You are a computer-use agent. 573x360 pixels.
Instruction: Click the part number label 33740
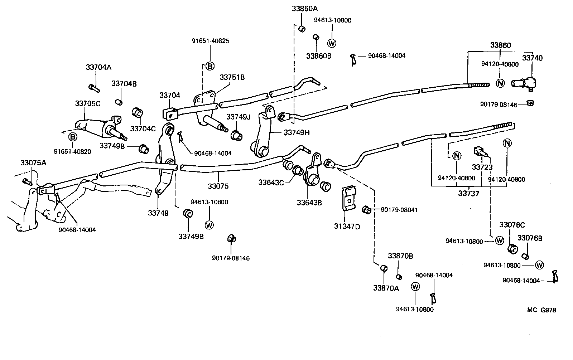point(532,58)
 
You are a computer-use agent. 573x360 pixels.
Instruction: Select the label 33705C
point(88,103)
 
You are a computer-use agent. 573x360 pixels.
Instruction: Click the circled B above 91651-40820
point(73,137)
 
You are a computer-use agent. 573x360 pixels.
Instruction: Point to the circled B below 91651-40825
point(210,66)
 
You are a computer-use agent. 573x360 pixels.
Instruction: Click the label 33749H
point(297,132)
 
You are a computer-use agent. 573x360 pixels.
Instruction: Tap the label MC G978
point(541,310)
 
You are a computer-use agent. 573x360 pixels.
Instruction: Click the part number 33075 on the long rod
point(218,186)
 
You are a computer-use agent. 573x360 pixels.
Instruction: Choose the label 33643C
point(271,183)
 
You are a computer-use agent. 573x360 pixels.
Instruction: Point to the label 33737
point(469,194)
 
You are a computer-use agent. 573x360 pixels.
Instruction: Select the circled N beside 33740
point(500,83)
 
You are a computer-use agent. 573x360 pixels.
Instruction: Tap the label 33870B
point(400,256)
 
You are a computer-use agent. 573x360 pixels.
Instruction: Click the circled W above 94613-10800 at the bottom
point(415,286)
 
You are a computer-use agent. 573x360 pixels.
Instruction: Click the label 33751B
point(232,77)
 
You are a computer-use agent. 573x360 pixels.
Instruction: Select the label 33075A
point(33,163)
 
